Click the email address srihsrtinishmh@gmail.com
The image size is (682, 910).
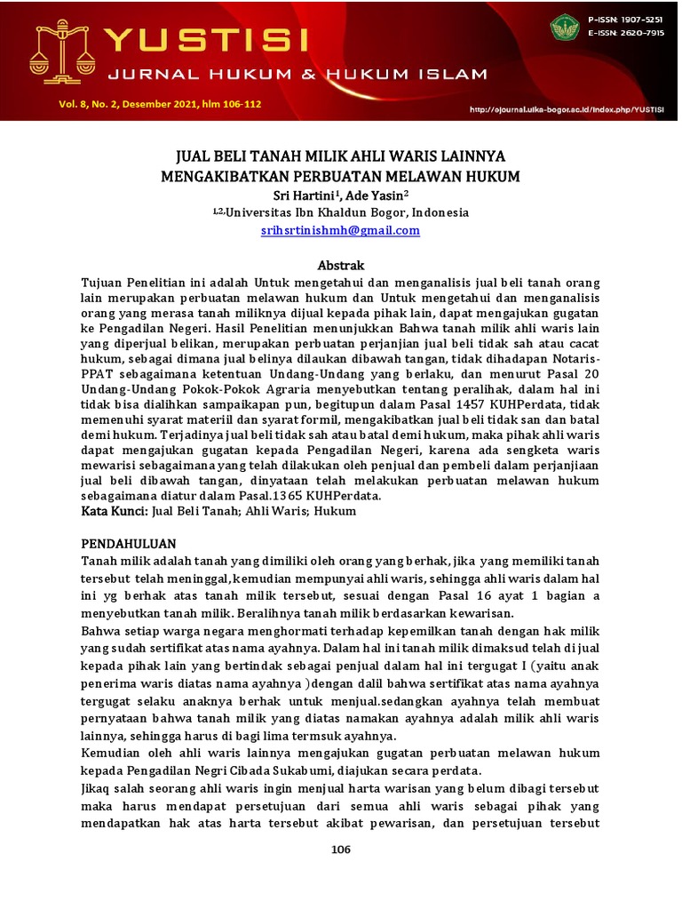coord(340,230)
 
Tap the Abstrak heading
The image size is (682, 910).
coord(341,265)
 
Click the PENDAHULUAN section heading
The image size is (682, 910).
coord(129,543)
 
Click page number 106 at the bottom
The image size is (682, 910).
coord(341,849)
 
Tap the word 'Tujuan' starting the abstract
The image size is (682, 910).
coord(100,282)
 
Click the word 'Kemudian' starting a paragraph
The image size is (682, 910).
coord(108,754)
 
